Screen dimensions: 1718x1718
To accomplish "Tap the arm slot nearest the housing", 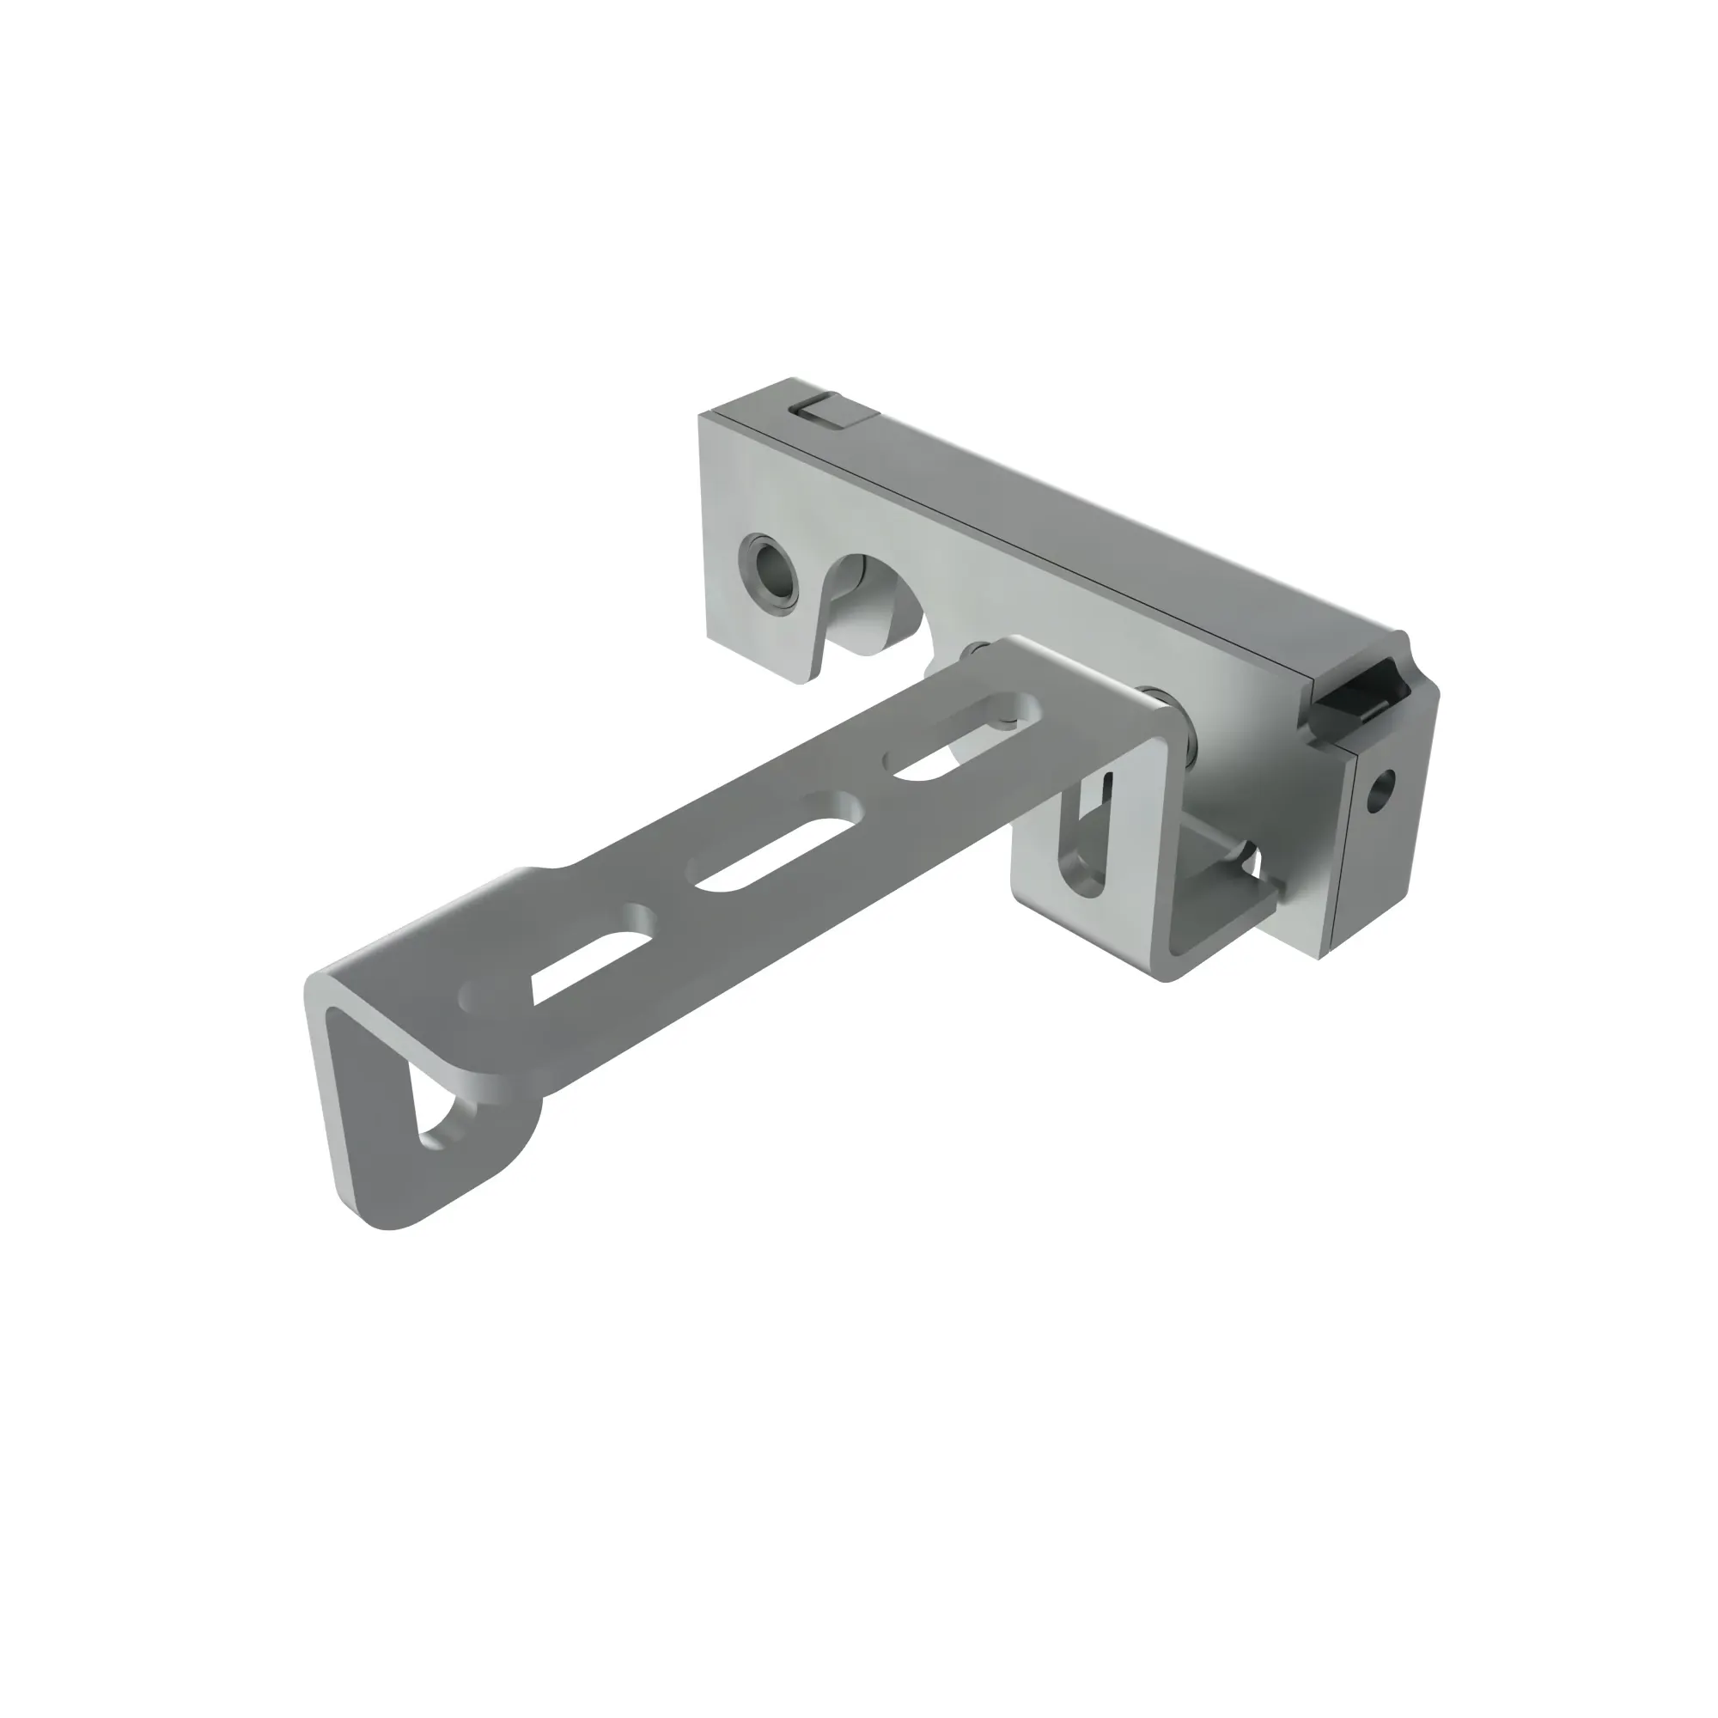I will coord(960,739).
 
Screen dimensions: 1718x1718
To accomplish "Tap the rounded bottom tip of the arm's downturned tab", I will coord(391,1221).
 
